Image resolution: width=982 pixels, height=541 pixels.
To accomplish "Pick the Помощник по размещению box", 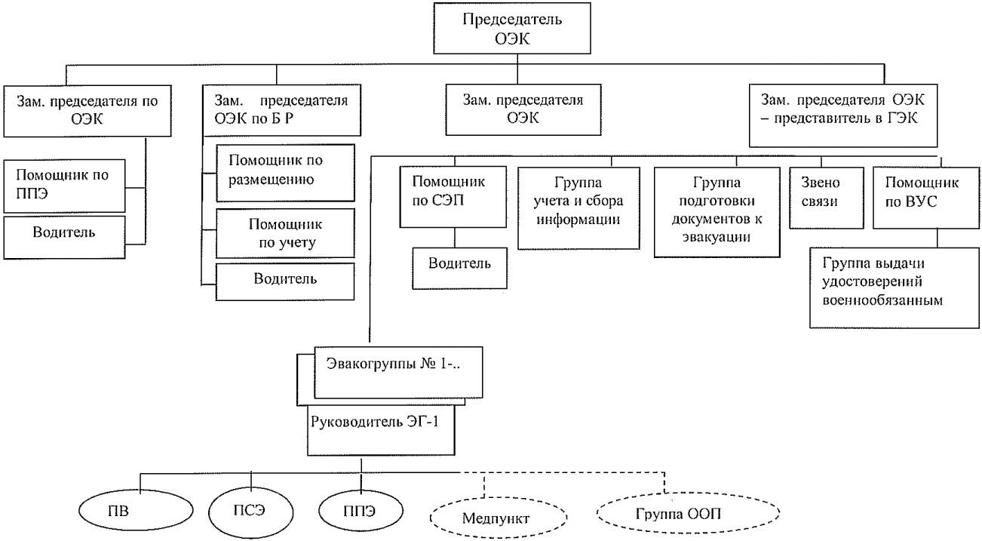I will (x=285, y=173).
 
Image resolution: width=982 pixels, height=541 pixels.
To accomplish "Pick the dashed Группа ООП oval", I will (x=687, y=516).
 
